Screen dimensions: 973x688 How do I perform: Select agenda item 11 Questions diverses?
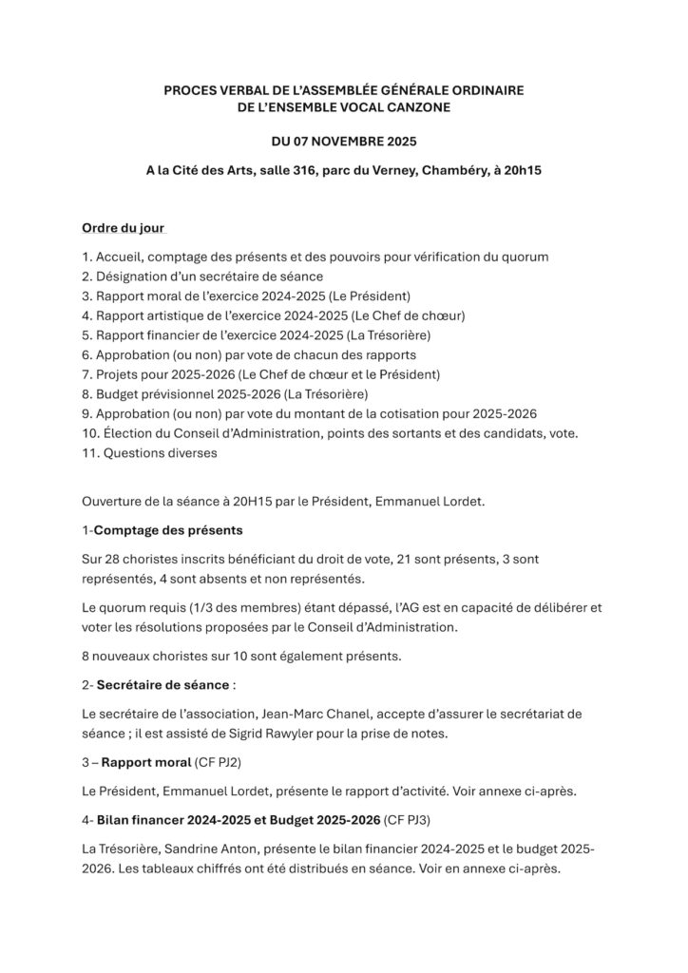[150, 453]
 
